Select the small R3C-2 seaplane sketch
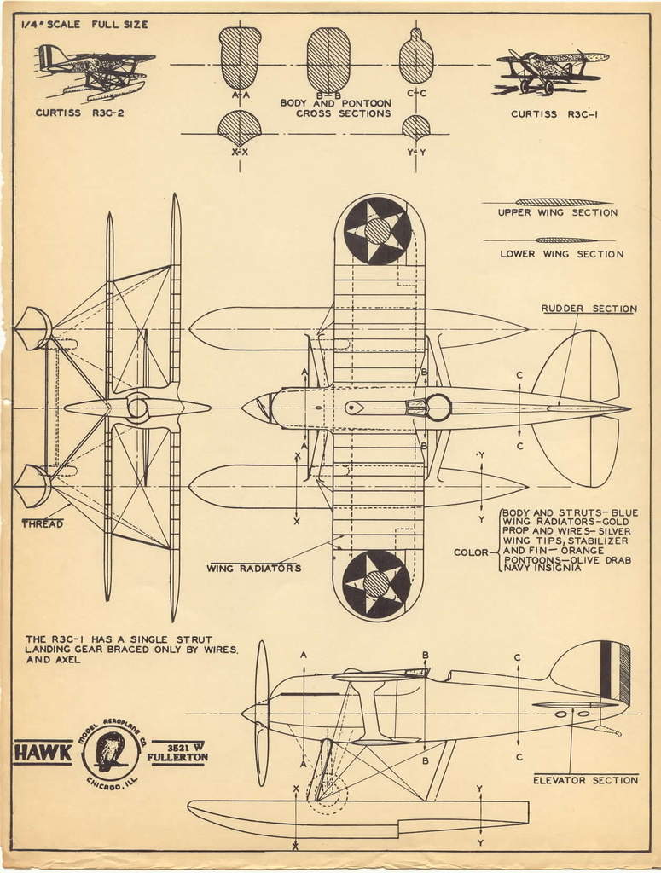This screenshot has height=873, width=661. [94, 71]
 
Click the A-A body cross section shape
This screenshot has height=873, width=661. [240, 58]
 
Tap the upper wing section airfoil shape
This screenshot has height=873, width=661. [563, 202]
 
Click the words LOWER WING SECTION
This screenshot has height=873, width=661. [561, 254]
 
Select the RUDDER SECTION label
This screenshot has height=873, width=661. [589, 309]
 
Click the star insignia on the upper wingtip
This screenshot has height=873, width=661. [377, 230]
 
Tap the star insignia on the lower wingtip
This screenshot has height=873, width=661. [376, 584]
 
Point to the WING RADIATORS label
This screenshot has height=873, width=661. [253, 568]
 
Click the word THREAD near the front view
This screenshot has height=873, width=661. [42, 523]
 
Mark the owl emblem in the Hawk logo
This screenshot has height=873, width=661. [110, 751]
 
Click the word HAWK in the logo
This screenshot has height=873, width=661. [43, 754]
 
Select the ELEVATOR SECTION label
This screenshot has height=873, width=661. [585, 779]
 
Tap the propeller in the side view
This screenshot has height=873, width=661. [261, 713]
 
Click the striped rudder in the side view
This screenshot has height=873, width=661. [612, 673]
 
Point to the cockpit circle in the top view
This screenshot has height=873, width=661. [438, 408]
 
